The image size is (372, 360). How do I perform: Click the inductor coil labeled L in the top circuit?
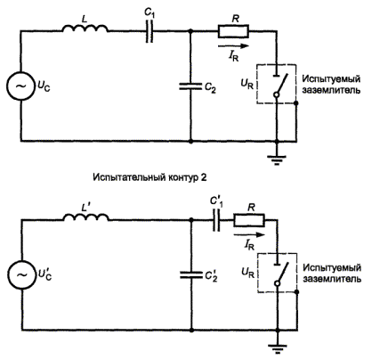[85, 29]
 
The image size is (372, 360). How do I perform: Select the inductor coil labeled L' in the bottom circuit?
[86, 217]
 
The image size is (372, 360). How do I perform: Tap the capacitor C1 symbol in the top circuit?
[150, 31]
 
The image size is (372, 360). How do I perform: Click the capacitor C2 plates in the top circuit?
[190, 86]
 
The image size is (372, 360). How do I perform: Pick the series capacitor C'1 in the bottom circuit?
[216, 220]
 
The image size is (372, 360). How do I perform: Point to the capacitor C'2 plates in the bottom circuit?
[191, 275]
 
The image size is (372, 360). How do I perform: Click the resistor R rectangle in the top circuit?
[233, 31]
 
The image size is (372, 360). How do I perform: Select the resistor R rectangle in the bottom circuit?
[249, 220]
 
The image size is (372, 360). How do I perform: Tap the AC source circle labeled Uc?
[20, 86]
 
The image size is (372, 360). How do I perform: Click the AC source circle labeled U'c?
[21, 274]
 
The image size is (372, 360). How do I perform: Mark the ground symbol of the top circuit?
[277, 160]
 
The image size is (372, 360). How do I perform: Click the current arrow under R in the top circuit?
[233, 46]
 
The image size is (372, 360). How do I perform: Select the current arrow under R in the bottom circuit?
[249, 234]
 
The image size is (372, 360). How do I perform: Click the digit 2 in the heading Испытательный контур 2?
[203, 177]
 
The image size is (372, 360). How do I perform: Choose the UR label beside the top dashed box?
[247, 84]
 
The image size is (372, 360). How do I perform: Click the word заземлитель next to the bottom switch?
[332, 279]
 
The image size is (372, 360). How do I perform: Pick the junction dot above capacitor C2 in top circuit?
[190, 31]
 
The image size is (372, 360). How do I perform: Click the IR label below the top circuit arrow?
[234, 56]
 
